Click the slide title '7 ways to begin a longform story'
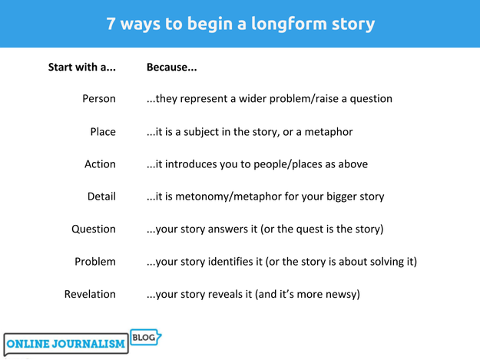click(240, 24)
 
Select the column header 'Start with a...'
click(82, 67)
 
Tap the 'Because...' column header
click(172, 67)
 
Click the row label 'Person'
click(98, 99)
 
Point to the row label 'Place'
click(103, 132)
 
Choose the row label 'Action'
click(100, 164)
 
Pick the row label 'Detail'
click(101, 197)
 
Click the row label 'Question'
click(94, 229)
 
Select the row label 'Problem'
click(95, 262)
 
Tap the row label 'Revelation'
click(91, 294)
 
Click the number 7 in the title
click(111, 24)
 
